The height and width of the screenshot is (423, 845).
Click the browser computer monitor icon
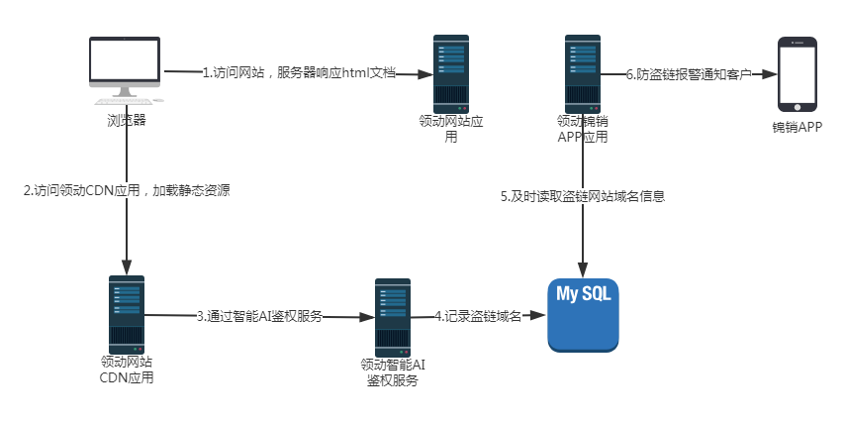[x=125, y=67]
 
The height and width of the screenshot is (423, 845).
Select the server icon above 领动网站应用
[x=451, y=72]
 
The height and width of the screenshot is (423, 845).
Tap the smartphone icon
[x=798, y=74]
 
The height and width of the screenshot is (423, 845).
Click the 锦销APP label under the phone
[x=798, y=128]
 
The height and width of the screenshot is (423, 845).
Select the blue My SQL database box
[x=584, y=314]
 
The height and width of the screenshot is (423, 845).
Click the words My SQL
[x=584, y=295]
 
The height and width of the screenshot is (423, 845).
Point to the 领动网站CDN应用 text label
[x=127, y=370]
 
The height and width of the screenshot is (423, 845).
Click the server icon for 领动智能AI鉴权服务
[x=393, y=315]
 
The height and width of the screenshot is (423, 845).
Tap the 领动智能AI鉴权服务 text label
[x=393, y=372]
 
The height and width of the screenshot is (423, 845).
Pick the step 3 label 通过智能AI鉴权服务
[x=259, y=317]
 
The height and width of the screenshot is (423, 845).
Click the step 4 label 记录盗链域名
[x=478, y=316]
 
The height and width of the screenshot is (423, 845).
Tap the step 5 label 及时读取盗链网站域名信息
[x=582, y=196]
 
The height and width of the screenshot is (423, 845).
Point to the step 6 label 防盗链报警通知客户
[x=690, y=73]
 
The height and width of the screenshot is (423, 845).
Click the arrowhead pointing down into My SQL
[x=583, y=268]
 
